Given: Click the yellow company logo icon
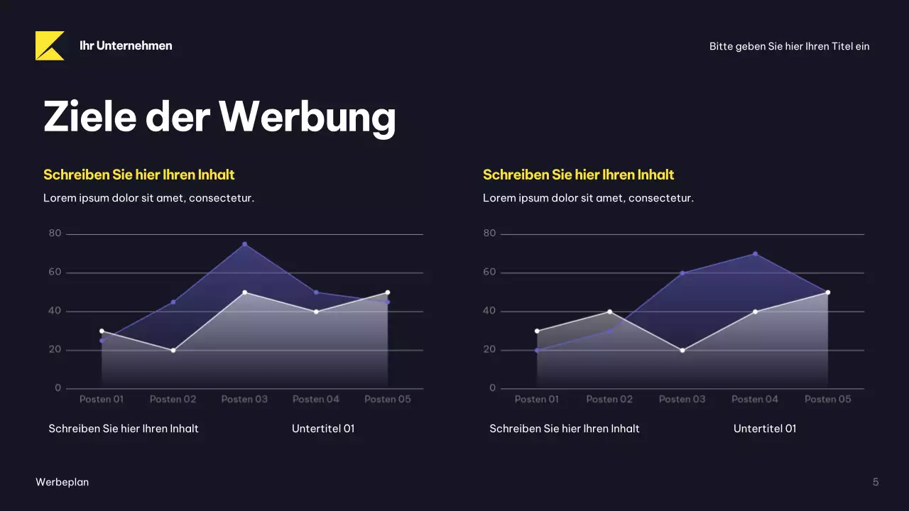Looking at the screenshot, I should tap(50, 45).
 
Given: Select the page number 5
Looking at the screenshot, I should tap(876, 482).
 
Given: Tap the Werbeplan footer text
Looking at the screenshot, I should tap(62, 482).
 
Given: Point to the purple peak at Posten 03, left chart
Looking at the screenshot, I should tap(244, 244).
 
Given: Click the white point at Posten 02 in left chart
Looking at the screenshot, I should tap(173, 350).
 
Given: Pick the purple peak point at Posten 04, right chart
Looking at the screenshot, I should tap(755, 253).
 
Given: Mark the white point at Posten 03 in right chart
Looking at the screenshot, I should tap(682, 350).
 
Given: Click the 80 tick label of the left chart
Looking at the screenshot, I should tap(55, 233).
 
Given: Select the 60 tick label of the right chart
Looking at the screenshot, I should tap(489, 273).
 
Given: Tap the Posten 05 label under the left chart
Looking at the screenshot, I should tap(388, 399).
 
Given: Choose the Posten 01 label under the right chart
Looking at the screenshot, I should tap(537, 399).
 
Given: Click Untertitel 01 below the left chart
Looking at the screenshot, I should tap(323, 429).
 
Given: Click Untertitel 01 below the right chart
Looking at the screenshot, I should tap(765, 429).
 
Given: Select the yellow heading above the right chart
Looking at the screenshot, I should tap(578, 175).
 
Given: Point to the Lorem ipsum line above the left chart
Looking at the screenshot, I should tap(148, 198).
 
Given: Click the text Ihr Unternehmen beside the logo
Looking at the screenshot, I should tap(126, 45).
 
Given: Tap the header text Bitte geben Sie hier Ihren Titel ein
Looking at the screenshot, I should tap(789, 46).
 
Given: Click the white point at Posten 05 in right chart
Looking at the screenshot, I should tap(827, 292).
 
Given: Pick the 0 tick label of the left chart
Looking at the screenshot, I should tap(58, 388).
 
